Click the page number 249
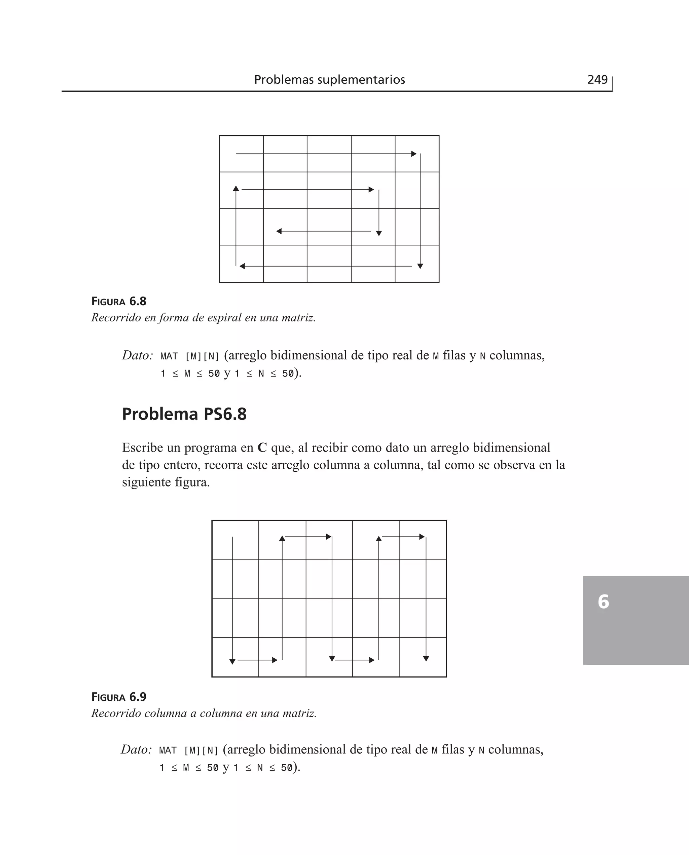597,80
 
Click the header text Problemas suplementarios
329,80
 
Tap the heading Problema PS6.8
184,414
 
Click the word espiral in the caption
223,318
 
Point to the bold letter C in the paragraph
262,448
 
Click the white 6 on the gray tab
603,601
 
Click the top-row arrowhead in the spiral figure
414,154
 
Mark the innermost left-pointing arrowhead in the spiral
279,231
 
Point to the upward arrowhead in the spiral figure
236,188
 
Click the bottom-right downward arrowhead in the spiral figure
420,266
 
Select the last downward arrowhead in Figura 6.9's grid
426,659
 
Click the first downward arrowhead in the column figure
232,661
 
